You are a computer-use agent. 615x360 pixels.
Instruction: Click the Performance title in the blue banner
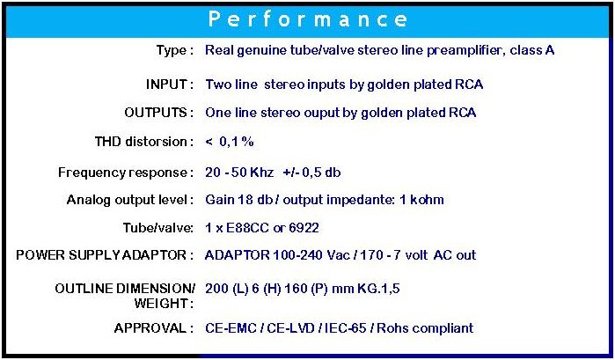(x=308, y=19)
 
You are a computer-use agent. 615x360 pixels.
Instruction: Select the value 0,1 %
(x=237, y=142)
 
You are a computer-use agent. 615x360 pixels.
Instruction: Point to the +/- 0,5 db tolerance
(x=311, y=173)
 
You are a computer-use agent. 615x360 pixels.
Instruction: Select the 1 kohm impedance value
(x=421, y=200)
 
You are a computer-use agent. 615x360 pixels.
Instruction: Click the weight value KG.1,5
(x=378, y=289)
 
